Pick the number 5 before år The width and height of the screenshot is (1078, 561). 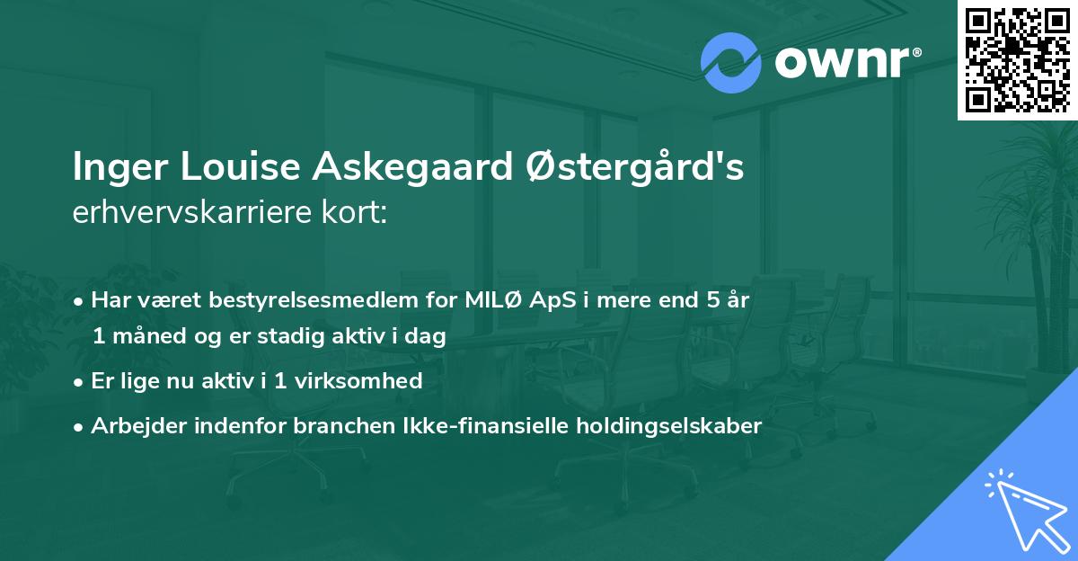click(x=713, y=300)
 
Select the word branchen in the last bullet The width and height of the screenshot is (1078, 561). click(x=333, y=426)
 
